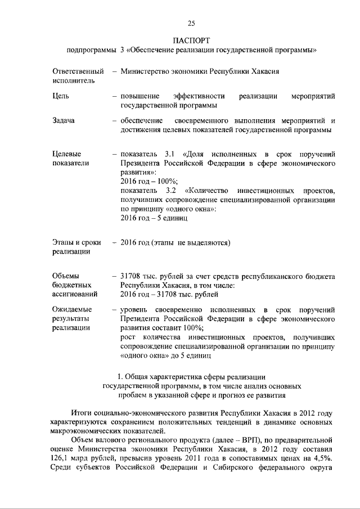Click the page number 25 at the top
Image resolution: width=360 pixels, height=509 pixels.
(x=191, y=23)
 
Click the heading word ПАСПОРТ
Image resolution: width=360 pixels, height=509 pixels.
(x=191, y=40)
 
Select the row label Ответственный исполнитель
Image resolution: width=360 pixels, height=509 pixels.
(x=78, y=76)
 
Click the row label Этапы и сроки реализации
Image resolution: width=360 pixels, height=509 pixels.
(x=76, y=247)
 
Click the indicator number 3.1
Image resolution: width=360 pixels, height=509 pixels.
(x=170, y=154)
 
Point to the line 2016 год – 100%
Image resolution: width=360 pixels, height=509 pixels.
(x=150, y=182)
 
